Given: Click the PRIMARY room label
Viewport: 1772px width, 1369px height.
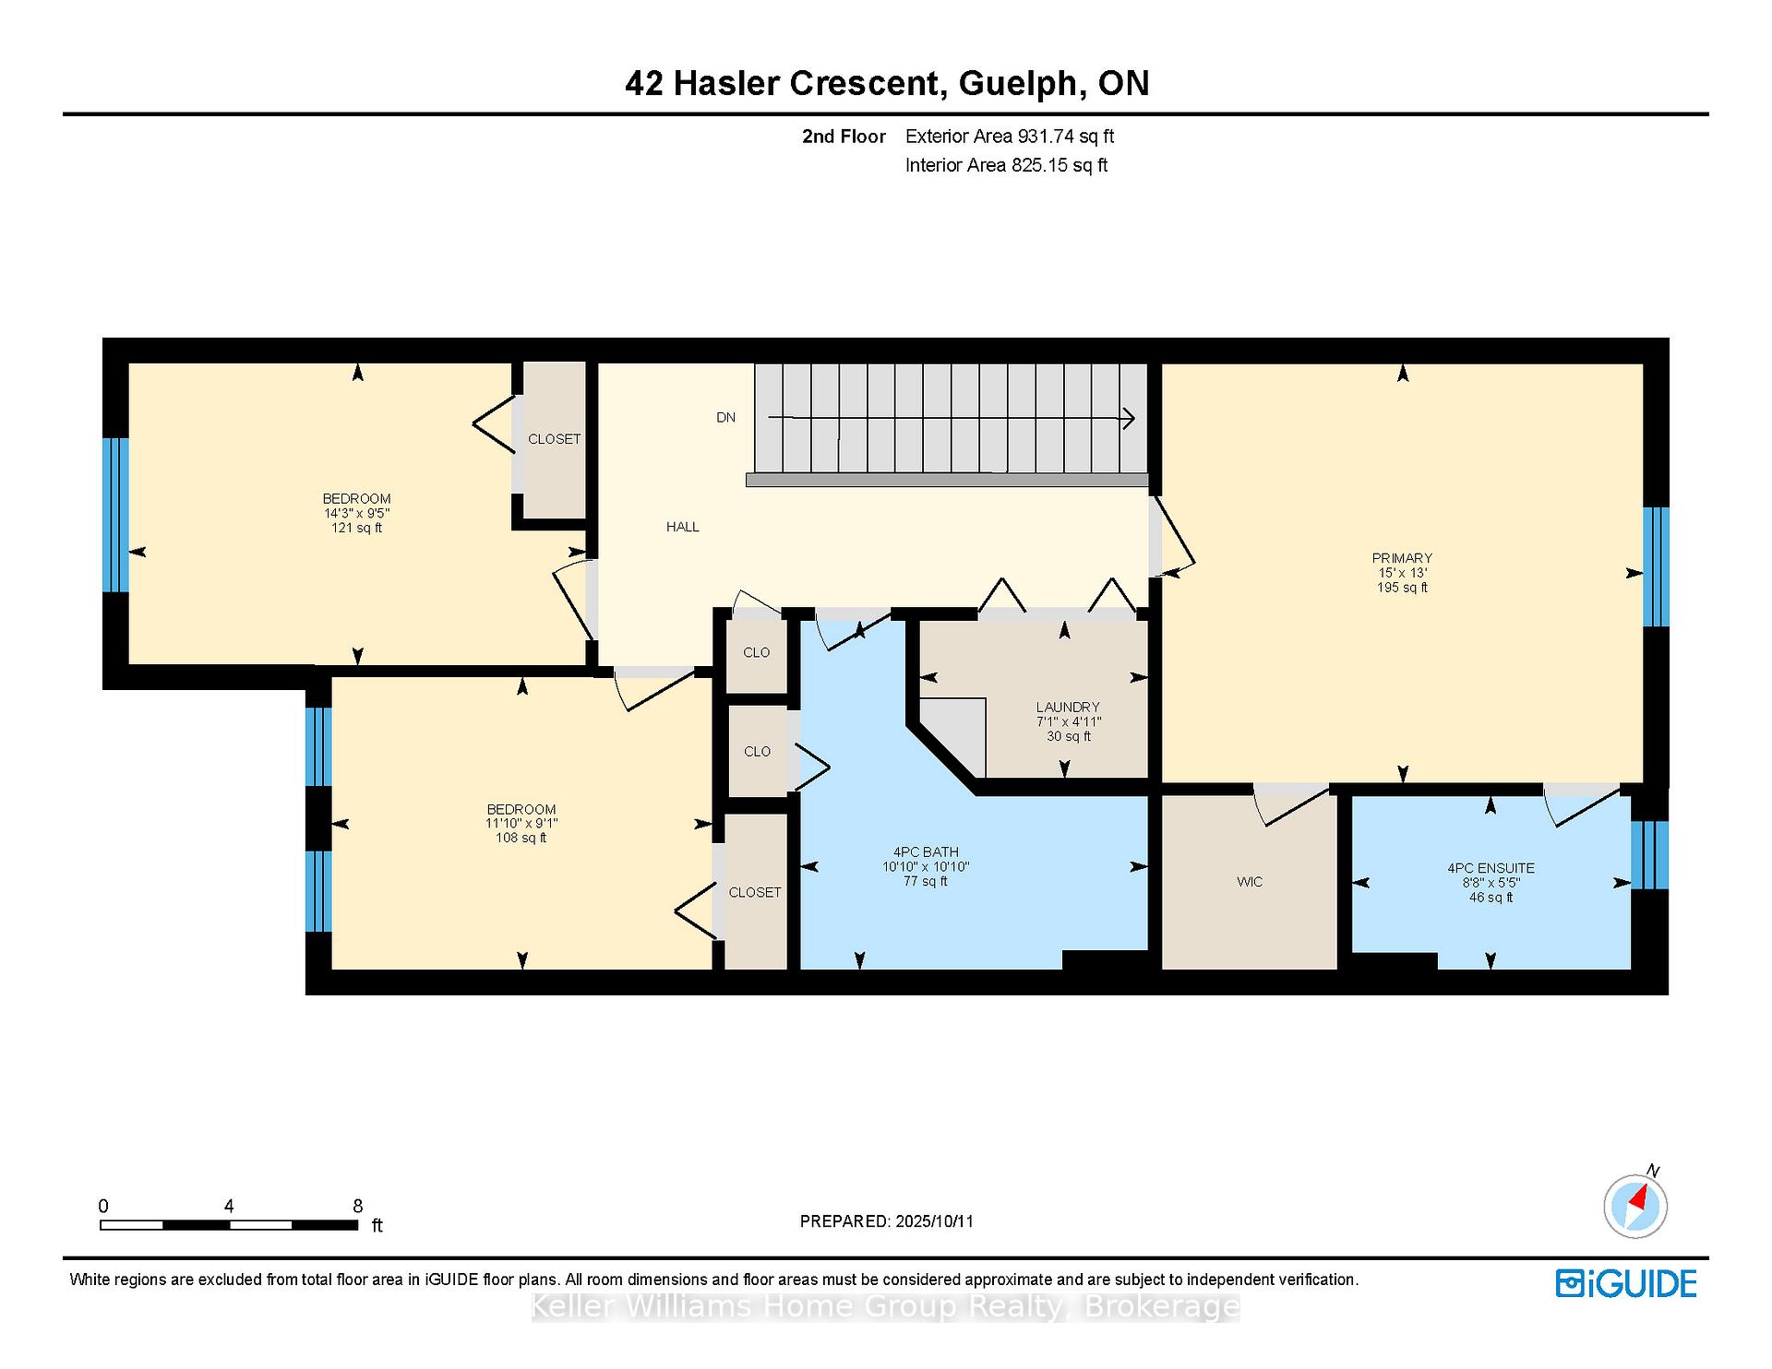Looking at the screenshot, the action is [x=1402, y=558].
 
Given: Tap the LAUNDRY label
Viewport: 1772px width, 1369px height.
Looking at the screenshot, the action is [x=1068, y=708].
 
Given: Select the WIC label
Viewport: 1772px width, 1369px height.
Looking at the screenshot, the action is [x=1250, y=882].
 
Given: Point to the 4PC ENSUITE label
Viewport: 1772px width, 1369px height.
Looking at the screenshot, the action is [x=1491, y=868].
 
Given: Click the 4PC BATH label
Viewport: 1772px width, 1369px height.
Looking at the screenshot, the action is [x=926, y=852].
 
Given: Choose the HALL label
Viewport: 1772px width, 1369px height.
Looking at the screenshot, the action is [x=683, y=527].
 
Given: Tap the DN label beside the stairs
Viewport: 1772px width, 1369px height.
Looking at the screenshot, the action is [x=726, y=418].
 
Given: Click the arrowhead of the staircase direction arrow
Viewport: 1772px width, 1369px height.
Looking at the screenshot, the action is [x=1129, y=419].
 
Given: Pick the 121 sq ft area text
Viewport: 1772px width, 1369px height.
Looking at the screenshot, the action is [x=356, y=528].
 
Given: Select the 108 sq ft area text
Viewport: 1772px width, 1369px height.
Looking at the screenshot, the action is [x=521, y=838].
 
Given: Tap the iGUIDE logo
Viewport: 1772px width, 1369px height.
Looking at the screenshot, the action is [x=1626, y=1283].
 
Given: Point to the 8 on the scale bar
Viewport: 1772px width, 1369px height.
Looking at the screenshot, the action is [x=358, y=1206].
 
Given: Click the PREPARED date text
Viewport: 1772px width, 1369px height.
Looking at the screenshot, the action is [x=887, y=1221].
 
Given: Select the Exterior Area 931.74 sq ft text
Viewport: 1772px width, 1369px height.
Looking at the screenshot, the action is [x=1010, y=137].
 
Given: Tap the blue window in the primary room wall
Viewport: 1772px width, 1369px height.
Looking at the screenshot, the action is [x=1656, y=566].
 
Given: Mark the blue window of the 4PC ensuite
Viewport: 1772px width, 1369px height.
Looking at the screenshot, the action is [x=1649, y=855].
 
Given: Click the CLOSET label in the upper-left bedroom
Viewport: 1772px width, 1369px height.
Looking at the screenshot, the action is [x=555, y=439].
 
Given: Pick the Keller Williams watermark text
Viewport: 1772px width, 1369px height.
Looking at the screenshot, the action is [x=886, y=1306].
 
